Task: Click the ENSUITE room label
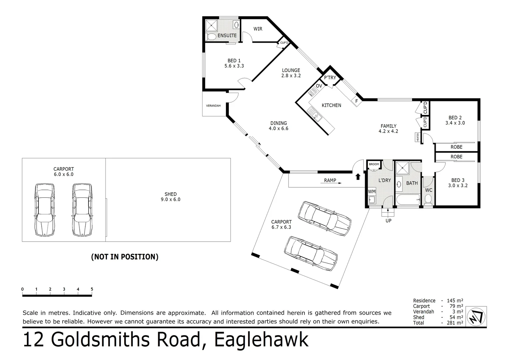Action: pos(227,35)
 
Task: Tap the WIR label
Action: pos(258,29)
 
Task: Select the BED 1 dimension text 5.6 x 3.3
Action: pos(234,66)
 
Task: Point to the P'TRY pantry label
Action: pos(330,78)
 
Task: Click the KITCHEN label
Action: pos(331,105)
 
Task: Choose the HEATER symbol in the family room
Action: pos(417,137)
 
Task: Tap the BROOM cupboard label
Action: pos(374,164)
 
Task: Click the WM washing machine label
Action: pos(372,192)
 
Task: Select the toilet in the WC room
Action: pos(428,199)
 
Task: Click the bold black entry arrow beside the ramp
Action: pos(358,176)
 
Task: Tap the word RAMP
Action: pos(330,180)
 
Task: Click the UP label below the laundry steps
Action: pos(388,221)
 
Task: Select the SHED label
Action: pos(170,194)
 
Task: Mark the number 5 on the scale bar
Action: pos(92,289)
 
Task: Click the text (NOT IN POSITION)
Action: pos(125,257)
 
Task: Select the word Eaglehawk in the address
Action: pos(261,340)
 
